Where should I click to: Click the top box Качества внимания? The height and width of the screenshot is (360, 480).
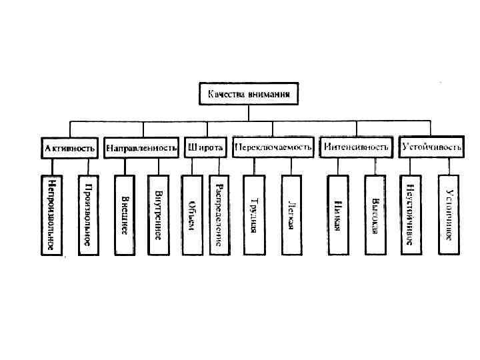pos(248,94)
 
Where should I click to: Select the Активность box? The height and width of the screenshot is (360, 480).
pos(70,147)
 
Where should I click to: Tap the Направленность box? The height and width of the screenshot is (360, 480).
pos(142,147)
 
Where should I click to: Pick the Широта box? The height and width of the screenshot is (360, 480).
pos(205,147)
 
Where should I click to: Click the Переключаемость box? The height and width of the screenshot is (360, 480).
pos(273,147)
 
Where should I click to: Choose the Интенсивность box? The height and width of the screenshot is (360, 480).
pos(355,147)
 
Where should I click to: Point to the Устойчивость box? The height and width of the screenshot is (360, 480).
pos(430,147)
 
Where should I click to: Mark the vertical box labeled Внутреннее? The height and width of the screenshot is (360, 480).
pos(159,215)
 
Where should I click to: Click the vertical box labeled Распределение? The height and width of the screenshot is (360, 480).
pos(219,215)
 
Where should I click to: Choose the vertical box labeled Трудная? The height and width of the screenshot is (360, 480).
pos(253,215)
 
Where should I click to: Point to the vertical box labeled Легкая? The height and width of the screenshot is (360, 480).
pos(291,215)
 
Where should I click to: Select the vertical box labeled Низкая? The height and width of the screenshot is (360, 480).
pos(338,215)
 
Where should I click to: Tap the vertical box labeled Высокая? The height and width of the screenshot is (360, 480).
pos(375,215)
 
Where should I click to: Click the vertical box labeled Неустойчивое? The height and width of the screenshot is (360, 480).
pos(411,215)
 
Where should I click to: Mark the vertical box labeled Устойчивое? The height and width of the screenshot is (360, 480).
pos(449,215)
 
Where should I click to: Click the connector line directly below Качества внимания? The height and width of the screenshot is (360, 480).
pos(248,113)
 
